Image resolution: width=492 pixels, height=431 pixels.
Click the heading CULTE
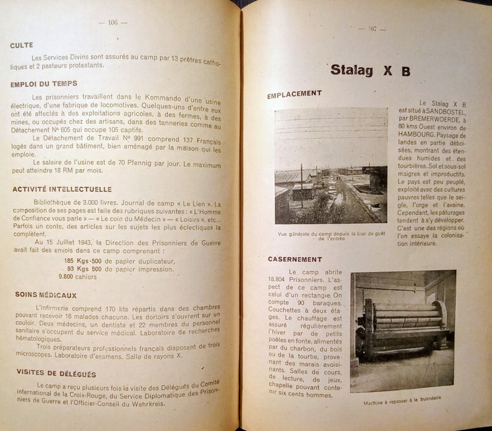pyautogui.click(x=22, y=45)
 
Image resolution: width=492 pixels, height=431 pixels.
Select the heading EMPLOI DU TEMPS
pyautogui.click(x=43, y=84)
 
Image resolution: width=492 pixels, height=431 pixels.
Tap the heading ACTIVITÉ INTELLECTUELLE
pyautogui.click(x=61, y=189)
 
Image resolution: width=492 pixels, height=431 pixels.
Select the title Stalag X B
pyautogui.click(x=370, y=70)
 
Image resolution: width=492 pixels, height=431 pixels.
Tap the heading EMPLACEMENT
pyautogui.click(x=295, y=94)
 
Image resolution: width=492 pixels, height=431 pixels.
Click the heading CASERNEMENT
pyautogui.click(x=295, y=259)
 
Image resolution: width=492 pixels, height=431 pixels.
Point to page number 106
pyautogui.click(x=113, y=22)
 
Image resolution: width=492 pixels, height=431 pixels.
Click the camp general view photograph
pyautogui.click(x=331, y=165)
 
